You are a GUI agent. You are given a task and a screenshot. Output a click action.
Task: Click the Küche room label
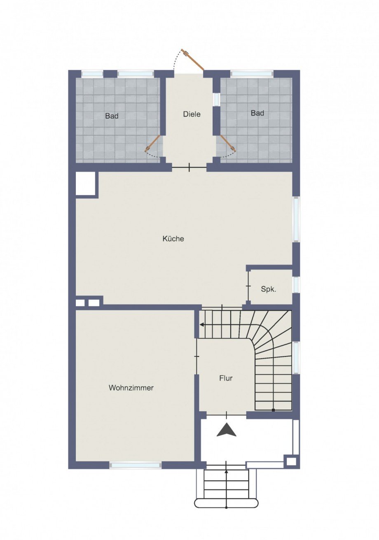173,239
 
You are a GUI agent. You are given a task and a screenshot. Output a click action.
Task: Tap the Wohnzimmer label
131,388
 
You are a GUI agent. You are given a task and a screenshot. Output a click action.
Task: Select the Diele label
192,114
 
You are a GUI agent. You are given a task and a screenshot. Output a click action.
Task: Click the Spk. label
268,289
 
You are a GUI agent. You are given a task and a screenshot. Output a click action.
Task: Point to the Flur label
226,378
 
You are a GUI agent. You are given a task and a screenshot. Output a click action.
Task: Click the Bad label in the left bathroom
112,116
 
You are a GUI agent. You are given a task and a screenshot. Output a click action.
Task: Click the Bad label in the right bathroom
257,113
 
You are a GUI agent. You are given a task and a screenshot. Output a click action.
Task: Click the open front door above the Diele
192,60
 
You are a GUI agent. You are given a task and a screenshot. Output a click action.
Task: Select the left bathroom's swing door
152,144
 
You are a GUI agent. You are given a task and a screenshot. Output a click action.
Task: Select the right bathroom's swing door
227,143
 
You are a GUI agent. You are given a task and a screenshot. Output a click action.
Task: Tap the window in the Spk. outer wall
296,285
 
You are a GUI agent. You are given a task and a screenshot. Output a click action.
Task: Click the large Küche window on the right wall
296,219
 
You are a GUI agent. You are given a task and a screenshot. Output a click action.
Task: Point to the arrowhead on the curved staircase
201,325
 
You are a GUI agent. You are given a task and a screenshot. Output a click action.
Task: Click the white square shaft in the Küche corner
85,183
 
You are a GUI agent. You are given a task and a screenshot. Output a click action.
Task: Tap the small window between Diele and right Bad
216,99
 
